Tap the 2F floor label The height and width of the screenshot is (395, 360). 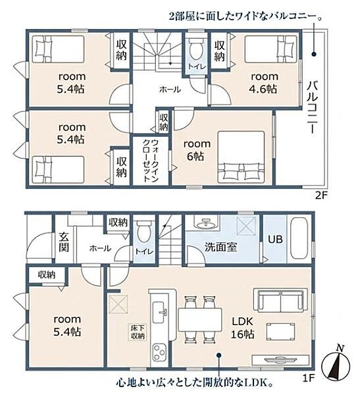click(x=321, y=196)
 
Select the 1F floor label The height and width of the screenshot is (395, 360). click(x=309, y=378)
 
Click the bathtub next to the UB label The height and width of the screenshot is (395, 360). click(x=299, y=238)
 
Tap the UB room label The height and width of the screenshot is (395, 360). click(x=275, y=239)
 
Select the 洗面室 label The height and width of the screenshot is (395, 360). click(x=220, y=247)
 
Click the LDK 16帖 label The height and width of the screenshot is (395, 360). click(x=243, y=327)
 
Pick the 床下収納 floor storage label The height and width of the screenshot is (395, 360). click(x=138, y=332)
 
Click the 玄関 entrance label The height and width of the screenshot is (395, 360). click(x=64, y=242)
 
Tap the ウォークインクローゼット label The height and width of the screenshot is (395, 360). click(x=151, y=161)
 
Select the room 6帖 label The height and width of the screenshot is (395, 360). click(x=197, y=150)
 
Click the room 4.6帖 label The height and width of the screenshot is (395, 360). click(x=264, y=83)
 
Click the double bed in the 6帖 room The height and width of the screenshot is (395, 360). click(x=242, y=157)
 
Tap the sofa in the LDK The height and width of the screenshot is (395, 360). click(x=280, y=300)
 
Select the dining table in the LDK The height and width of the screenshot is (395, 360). click(x=200, y=319)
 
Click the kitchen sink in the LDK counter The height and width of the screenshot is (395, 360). click(x=159, y=312)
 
